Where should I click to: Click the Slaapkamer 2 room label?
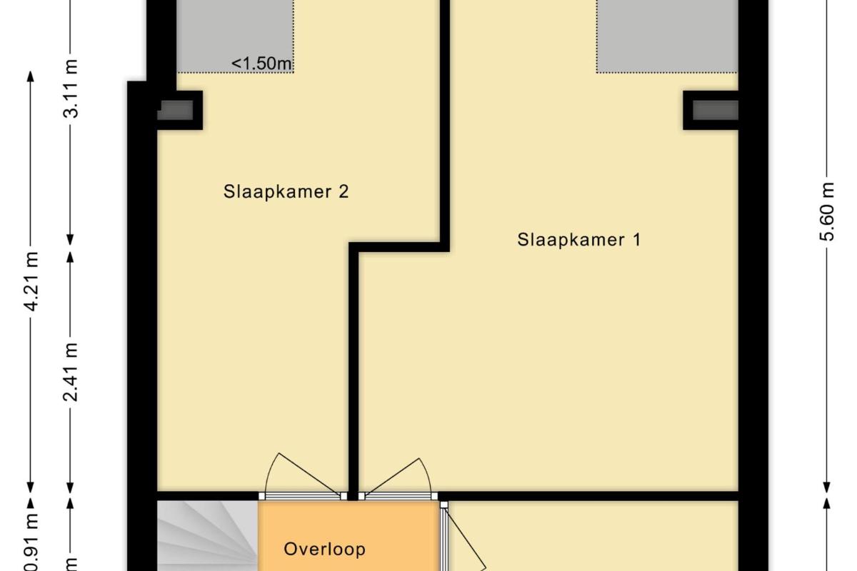(x=286, y=192)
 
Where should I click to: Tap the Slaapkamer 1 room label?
(x=579, y=241)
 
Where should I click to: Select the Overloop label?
(x=324, y=549)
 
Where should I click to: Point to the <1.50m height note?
(x=261, y=64)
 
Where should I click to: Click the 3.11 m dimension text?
(x=71, y=89)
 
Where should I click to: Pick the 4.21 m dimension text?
(x=31, y=281)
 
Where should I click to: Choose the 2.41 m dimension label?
(x=71, y=372)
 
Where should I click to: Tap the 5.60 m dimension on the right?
(x=827, y=211)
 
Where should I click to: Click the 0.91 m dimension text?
(x=31, y=543)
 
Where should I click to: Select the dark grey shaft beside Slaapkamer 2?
(x=175, y=110)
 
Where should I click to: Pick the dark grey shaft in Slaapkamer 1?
(x=716, y=110)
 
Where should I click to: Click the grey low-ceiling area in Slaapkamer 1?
(x=667, y=36)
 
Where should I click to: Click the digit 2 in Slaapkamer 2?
(x=344, y=191)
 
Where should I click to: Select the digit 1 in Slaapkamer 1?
(x=637, y=240)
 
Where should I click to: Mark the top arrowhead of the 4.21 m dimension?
(x=31, y=76)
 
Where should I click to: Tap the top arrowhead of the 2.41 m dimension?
(x=71, y=257)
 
